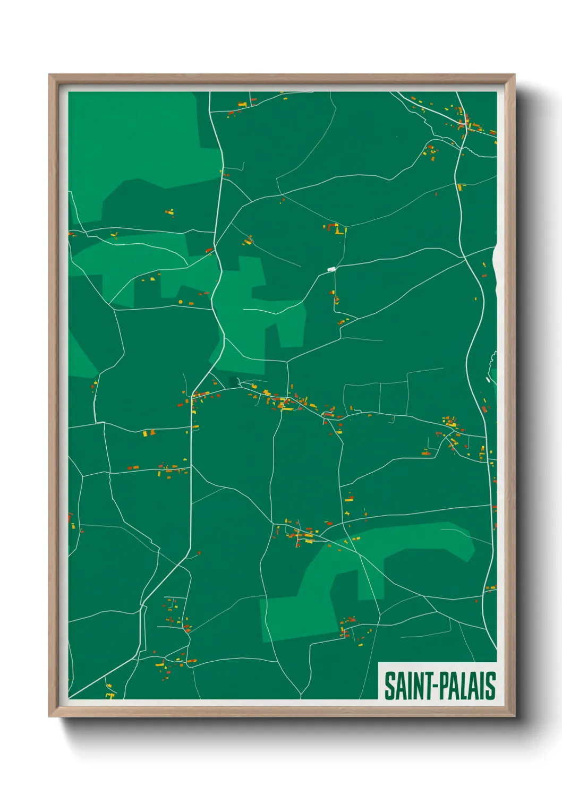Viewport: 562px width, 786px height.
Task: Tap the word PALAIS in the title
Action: [465, 686]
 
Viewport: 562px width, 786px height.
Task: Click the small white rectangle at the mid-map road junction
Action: [331, 269]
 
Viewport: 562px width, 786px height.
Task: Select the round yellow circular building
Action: [181, 302]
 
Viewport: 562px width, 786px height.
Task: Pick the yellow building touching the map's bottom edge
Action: [110, 695]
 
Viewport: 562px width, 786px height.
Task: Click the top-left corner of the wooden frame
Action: [50, 75]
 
